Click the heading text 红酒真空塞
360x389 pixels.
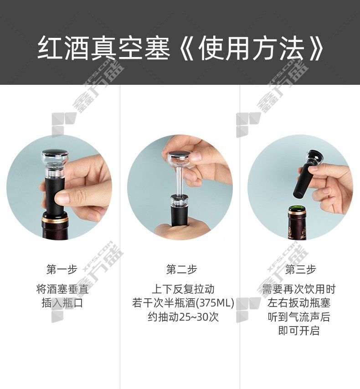(x=104, y=48)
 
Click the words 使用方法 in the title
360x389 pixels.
(x=252, y=48)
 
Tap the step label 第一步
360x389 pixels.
(x=62, y=270)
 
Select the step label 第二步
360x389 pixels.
(x=182, y=270)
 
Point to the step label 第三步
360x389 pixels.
(x=300, y=270)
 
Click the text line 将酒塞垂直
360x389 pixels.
(x=62, y=289)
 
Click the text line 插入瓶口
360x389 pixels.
(x=62, y=303)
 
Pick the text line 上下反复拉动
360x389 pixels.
(x=183, y=289)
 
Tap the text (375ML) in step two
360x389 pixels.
(x=215, y=303)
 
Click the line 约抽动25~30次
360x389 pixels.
(x=183, y=317)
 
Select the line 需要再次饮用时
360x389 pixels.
(x=299, y=289)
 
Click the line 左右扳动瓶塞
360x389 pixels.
(x=299, y=303)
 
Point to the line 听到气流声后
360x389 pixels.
(x=299, y=317)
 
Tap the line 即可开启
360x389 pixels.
(x=299, y=331)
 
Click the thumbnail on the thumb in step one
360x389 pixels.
(x=62, y=197)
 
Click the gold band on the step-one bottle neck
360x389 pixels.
(x=55, y=219)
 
